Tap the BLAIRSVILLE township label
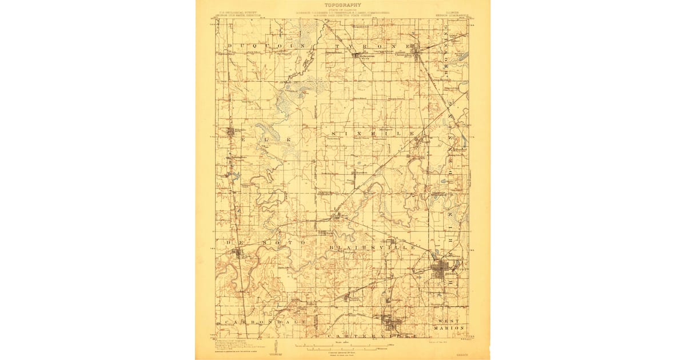point(372,247)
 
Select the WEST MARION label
point(452,325)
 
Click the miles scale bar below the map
point(343,346)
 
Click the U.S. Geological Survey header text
point(232,12)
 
